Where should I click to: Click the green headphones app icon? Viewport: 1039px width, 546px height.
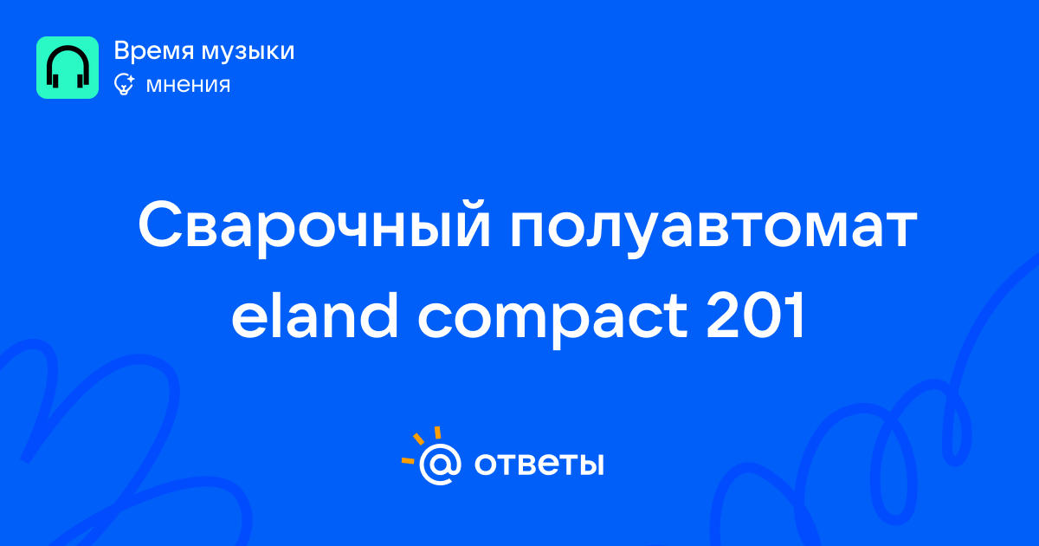[68, 68]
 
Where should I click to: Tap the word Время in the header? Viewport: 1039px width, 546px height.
[153, 51]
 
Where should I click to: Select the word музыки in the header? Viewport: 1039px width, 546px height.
[248, 52]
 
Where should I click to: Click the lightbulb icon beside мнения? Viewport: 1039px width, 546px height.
[125, 84]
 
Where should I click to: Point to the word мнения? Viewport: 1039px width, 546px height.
[188, 85]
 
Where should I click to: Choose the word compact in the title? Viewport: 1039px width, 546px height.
[552, 320]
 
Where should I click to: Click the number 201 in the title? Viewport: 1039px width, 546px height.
[756, 315]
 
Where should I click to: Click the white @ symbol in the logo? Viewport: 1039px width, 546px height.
[440, 464]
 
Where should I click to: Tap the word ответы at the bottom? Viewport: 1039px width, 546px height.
[539, 464]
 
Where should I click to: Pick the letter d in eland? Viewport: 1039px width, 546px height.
[378, 315]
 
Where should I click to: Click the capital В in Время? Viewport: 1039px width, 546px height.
[122, 50]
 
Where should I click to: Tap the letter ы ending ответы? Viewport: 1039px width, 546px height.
[590, 464]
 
